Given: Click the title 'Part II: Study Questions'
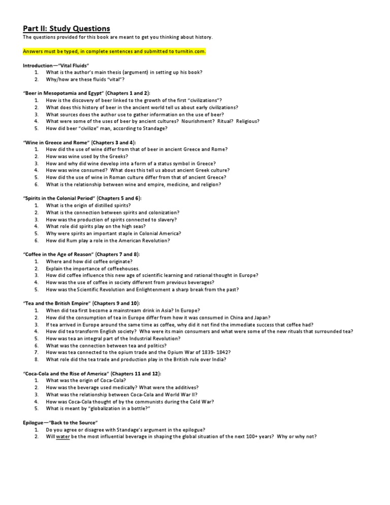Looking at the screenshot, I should (x=67, y=28).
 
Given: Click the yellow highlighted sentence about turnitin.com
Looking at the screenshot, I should (x=115, y=52).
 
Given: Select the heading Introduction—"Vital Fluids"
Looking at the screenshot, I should (x=56, y=66).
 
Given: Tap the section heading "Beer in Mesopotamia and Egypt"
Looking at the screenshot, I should (x=86, y=93).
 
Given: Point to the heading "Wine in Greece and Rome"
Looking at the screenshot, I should (x=80, y=142).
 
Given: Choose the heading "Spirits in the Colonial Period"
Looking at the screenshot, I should (x=83, y=198).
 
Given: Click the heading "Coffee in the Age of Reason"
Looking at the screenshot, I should (x=81, y=254).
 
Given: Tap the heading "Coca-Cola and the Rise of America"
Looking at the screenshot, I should (x=92, y=373).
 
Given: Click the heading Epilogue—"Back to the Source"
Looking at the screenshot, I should (x=60, y=423).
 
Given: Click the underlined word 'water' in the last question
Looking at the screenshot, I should (x=62, y=436).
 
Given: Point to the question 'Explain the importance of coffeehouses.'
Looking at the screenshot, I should (x=92, y=268).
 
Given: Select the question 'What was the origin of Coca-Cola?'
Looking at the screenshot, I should (x=86, y=381).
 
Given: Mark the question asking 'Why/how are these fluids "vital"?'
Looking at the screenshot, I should (x=85, y=80).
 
